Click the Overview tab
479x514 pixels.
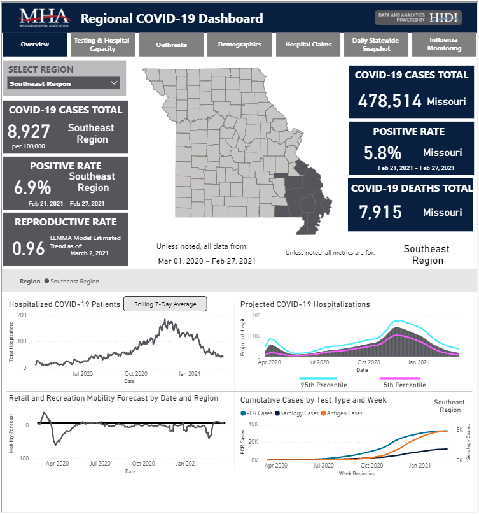coord(34,45)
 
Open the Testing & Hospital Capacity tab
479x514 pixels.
coord(102,45)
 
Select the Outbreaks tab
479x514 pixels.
coord(171,45)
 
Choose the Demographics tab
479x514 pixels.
coord(239,45)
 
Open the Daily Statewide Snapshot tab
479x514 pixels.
coord(375,45)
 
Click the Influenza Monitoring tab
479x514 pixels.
coord(444,45)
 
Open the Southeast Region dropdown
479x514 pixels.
coord(64,83)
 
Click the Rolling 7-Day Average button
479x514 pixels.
coord(165,304)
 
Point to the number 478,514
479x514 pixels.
coord(390,101)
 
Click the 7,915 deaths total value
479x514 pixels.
coord(379,211)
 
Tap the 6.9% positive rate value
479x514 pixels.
coord(32,188)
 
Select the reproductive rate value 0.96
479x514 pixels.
coord(28,248)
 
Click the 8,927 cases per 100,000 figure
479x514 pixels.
coord(28,132)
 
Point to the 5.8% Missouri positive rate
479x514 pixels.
coord(382,153)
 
